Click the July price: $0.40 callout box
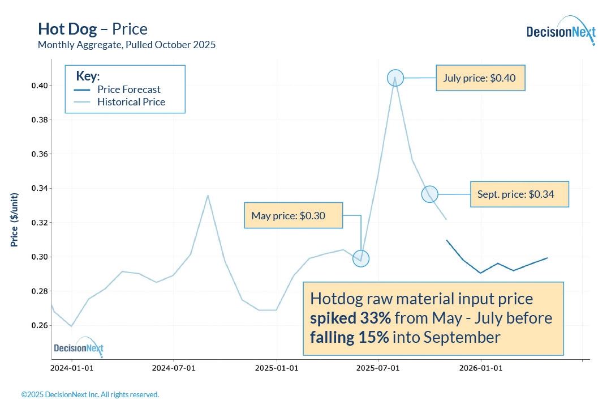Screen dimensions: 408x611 click(481, 78)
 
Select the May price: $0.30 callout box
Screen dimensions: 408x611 click(293, 216)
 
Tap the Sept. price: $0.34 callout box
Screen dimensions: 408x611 click(519, 194)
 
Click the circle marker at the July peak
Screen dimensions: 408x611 click(395, 78)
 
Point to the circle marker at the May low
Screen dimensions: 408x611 click(361, 258)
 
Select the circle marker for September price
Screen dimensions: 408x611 click(430, 194)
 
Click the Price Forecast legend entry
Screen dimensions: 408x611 click(128, 90)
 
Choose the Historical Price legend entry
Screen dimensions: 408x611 click(131, 102)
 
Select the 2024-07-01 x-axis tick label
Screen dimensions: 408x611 click(174, 368)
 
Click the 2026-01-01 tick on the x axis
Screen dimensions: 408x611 click(481, 368)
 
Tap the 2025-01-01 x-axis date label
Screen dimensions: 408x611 click(277, 368)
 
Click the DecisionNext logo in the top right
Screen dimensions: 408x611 click(560, 31)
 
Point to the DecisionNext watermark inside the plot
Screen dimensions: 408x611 click(79, 347)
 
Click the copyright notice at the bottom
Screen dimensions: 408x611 click(90, 394)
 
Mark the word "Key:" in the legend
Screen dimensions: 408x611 click(88, 76)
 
